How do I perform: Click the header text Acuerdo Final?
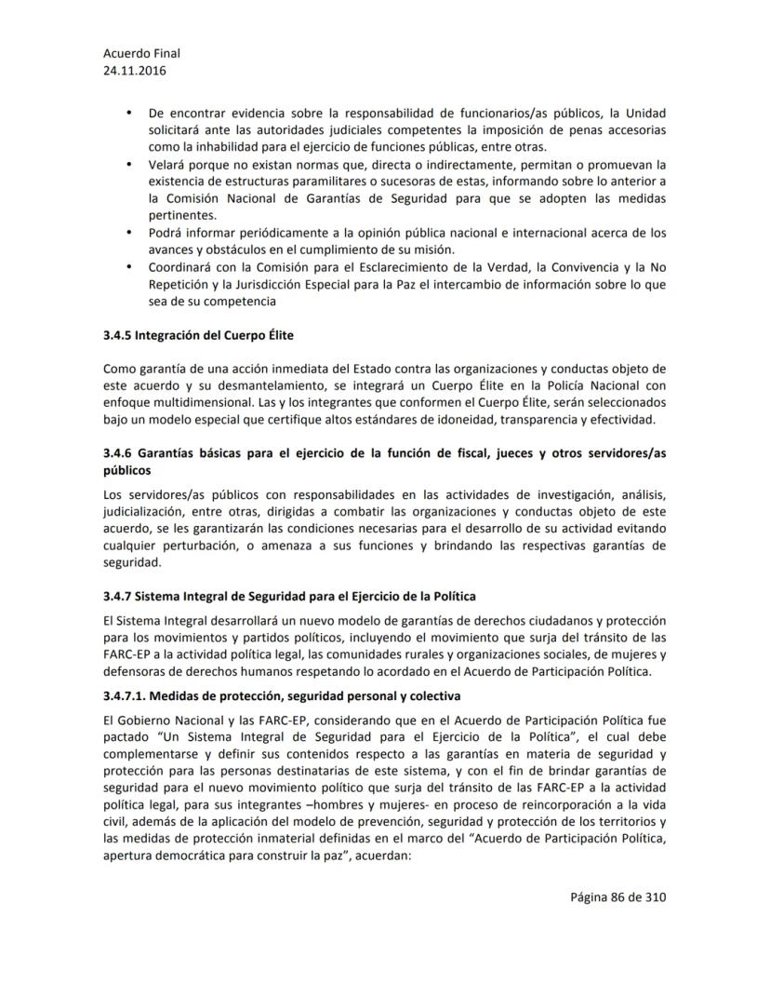tap(141, 53)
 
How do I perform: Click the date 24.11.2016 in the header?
tap(135, 70)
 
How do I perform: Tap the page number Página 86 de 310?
tap(619, 897)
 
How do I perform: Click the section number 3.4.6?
tap(120, 452)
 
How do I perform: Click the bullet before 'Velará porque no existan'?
tap(129, 164)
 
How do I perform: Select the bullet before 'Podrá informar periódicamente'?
tap(129, 232)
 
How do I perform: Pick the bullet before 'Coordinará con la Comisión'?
tap(129, 266)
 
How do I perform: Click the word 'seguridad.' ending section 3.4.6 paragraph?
tap(132, 562)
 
